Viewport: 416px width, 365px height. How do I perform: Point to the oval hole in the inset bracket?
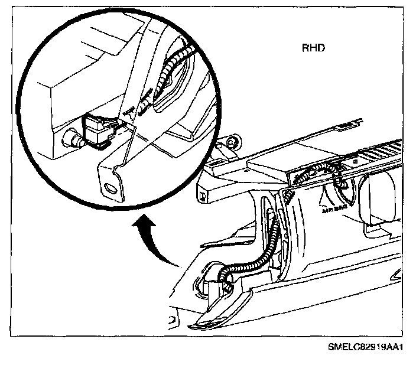coord(110,189)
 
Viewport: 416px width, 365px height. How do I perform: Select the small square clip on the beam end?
coord(203,194)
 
